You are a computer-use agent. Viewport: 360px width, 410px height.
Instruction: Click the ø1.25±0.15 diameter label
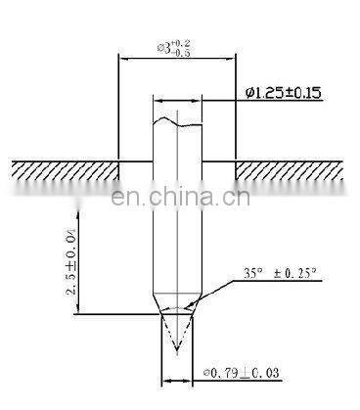coord(283,93)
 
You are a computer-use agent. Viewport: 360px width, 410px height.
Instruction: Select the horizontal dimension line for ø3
coord(176,58)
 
